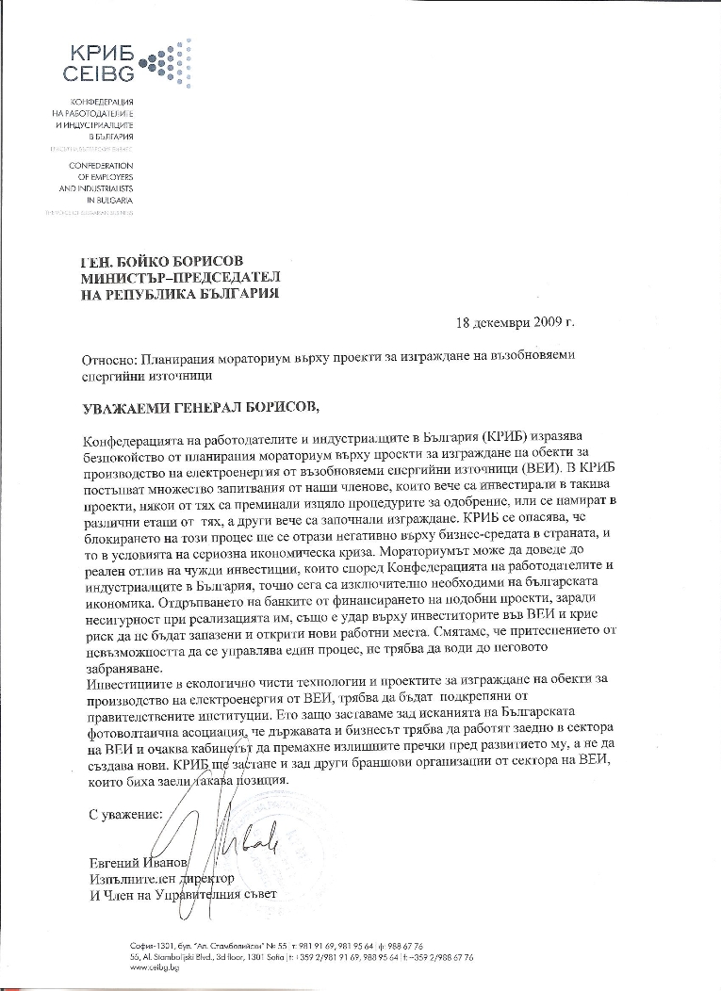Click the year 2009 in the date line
(541, 320)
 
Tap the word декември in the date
(497, 320)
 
